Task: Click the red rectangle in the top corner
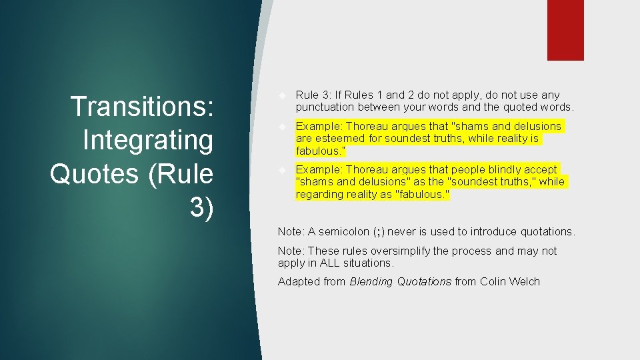coord(565,30)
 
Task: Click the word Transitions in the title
coord(142,107)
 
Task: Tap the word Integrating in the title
coord(147,140)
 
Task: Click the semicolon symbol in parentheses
coord(379,231)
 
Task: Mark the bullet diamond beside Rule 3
coord(283,95)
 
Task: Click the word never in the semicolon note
coord(401,231)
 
